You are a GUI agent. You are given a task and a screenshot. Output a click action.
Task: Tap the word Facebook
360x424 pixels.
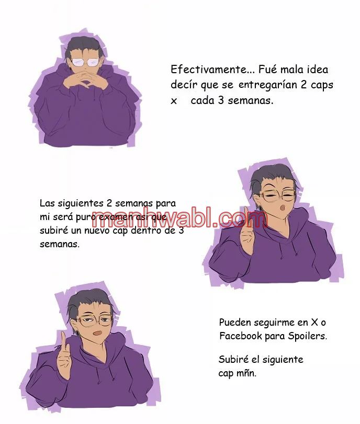[240, 336]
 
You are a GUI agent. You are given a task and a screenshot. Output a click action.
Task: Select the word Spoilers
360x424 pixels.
[307, 336]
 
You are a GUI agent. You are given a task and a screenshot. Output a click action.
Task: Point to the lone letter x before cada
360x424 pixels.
[174, 101]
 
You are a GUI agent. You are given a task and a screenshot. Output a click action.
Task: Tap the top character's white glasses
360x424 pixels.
[85, 63]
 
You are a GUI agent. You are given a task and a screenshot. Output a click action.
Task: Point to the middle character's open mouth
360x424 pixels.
[283, 209]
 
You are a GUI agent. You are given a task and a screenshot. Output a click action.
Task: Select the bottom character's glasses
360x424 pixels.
[95, 319]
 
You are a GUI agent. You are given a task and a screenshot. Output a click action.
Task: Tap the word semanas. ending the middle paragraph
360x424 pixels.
[60, 244]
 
